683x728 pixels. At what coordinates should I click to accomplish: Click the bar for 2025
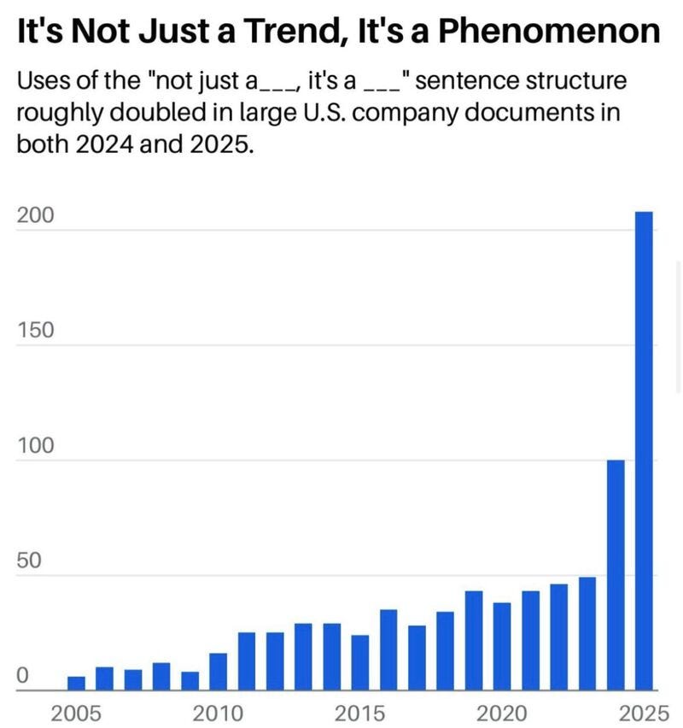click(x=644, y=451)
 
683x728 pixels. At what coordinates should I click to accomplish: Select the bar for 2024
click(x=616, y=575)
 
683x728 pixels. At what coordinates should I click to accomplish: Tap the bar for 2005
click(x=76, y=684)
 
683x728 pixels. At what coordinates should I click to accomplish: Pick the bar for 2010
click(x=218, y=672)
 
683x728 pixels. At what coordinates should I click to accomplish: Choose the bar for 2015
click(x=360, y=662)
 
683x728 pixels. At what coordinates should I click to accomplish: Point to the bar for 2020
click(x=502, y=646)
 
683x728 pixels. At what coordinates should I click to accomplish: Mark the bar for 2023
click(x=587, y=634)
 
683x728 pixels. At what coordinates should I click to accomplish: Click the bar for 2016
click(x=388, y=650)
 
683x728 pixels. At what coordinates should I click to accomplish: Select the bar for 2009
click(x=190, y=681)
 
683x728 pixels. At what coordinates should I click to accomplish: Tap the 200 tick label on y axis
click(x=35, y=215)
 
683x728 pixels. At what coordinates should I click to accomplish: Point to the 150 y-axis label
click(x=35, y=330)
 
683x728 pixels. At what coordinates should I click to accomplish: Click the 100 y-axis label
click(x=35, y=445)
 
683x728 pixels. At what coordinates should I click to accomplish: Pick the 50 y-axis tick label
click(x=29, y=561)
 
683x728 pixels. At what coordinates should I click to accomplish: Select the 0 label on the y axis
click(x=23, y=676)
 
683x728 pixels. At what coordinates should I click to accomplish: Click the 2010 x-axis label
click(x=218, y=713)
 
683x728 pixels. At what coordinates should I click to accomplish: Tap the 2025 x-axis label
click(x=644, y=713)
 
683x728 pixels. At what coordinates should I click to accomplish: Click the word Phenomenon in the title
click(x=549, y=31)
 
